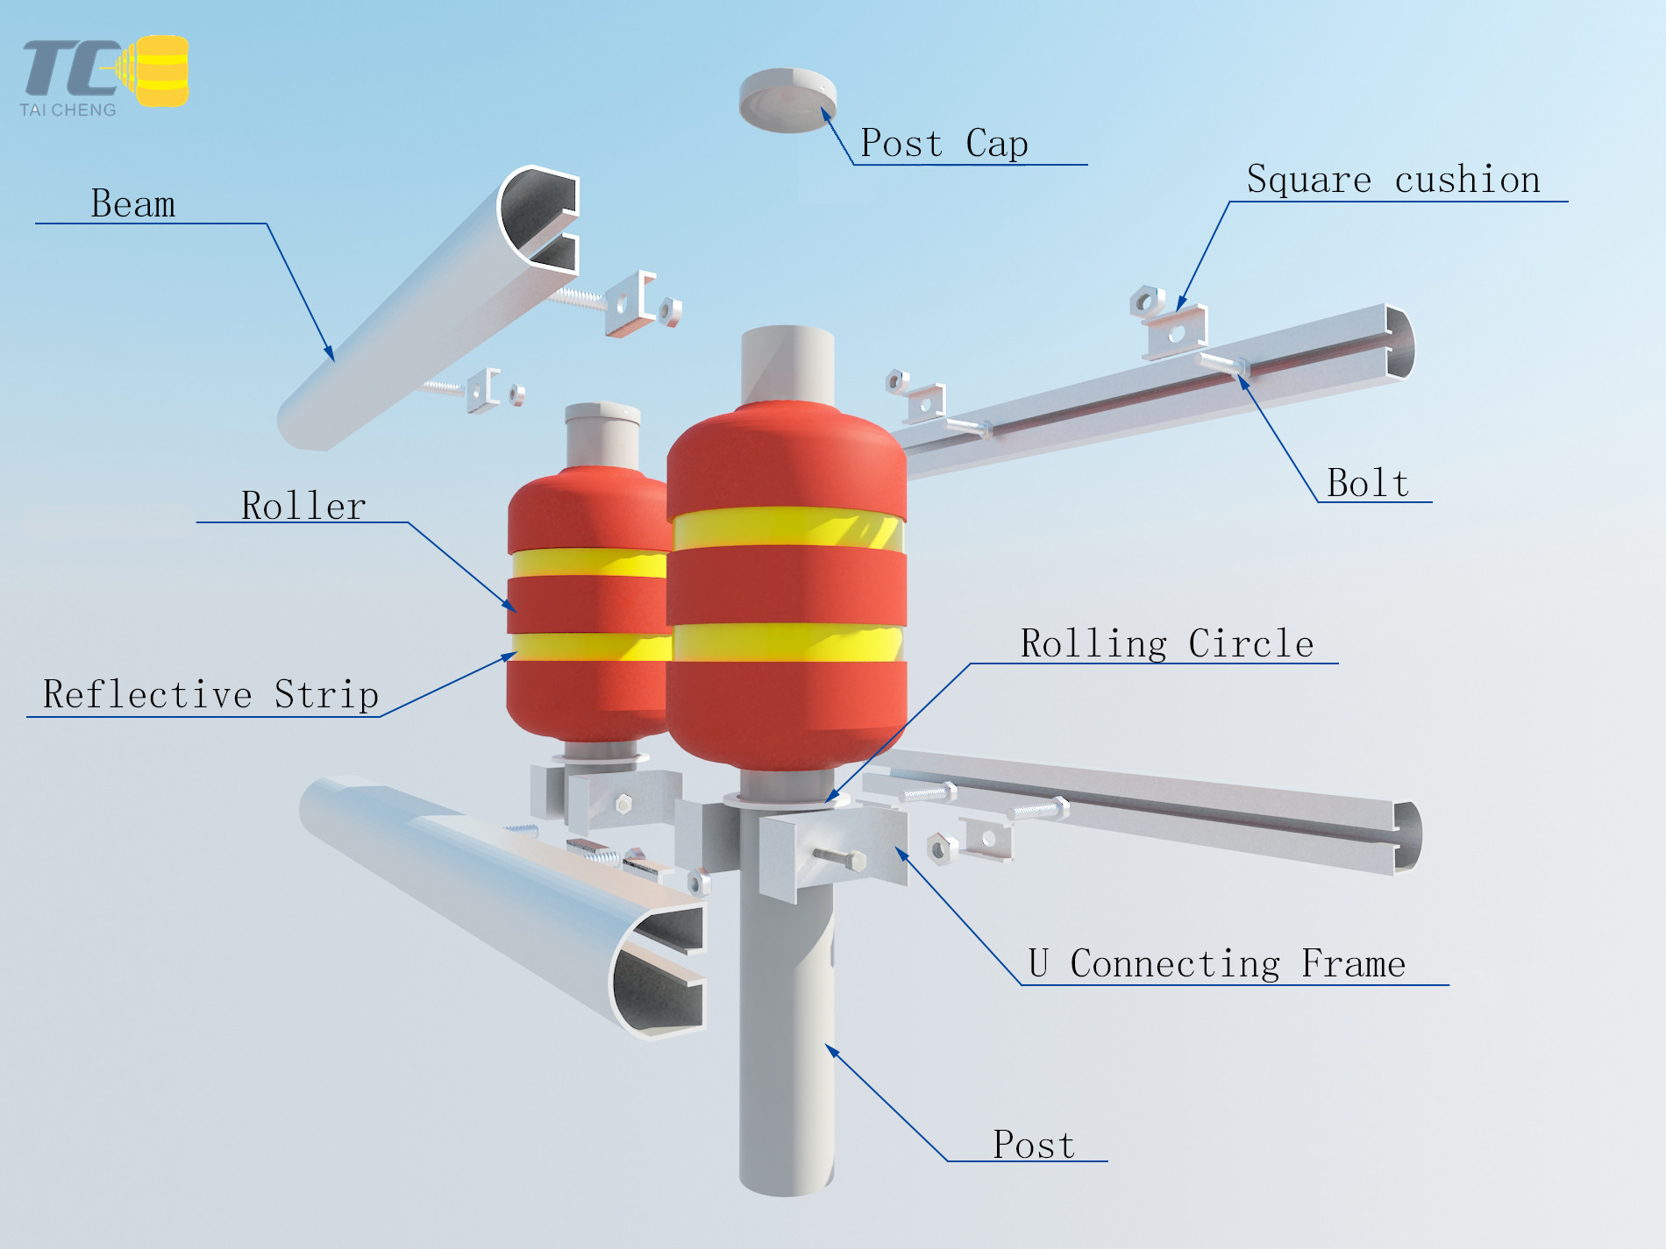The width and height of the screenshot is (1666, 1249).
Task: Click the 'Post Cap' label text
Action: coord(943,144)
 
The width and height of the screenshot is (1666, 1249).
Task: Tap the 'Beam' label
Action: coord(133,204)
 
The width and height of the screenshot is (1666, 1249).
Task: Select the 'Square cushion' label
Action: coord(1393,180)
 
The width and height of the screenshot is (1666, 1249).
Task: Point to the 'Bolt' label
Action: coord(1368,483)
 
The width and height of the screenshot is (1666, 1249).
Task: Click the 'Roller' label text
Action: coord(303,506)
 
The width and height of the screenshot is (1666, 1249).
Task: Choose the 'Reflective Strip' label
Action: coord(210,695)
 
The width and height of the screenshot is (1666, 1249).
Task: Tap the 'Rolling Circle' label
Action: coord(1167,644)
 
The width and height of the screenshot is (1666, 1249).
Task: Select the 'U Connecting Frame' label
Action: coord(1217,964)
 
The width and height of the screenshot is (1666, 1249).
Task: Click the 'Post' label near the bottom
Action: coord(1034,1145)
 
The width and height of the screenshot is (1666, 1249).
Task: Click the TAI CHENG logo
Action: coord(105,76)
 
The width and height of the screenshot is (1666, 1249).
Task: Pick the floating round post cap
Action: coord(787,100)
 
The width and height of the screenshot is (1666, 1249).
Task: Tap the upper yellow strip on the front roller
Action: coord(787,529)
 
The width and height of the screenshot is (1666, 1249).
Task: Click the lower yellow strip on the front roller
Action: coord(787,642)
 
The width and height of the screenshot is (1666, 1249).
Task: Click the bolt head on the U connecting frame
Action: coord(857,862)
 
